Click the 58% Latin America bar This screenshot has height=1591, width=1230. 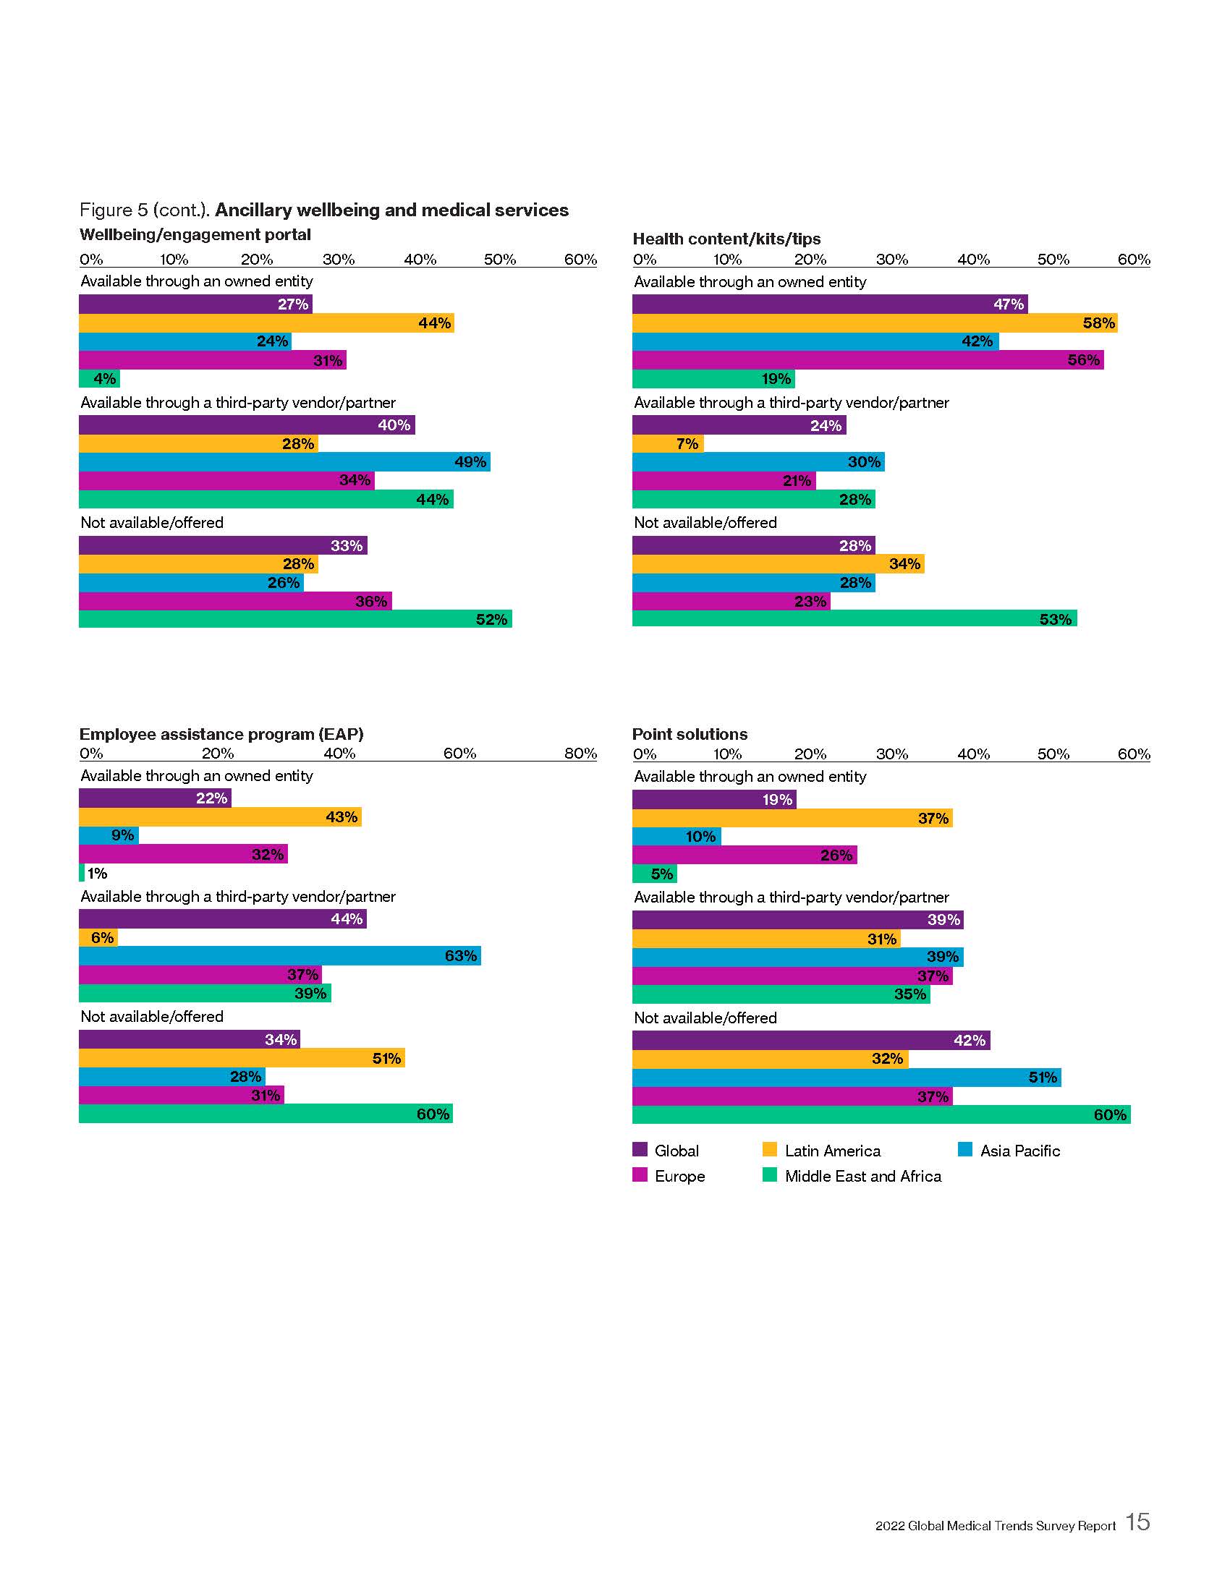click(x=875, y=323)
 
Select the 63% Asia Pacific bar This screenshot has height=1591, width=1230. click(x=280, y=955)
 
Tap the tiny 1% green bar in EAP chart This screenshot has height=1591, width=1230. click(x=82, y=872)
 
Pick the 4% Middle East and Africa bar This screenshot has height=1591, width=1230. click(x=99, y=378)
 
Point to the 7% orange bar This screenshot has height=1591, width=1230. click(x=668, y=443)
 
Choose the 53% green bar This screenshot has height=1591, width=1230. click(x=854, y=618)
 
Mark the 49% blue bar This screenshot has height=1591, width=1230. click(x=284, y=461)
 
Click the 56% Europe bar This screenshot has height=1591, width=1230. click(x=867, y=359)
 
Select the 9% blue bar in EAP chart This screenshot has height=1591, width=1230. click(x=109, y=835)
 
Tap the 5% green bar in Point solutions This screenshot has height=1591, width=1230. click(x=654, y=873)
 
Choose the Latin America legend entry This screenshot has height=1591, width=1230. click(x=822, y=1151)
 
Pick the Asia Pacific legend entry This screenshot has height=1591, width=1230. click(x=1009, y=1151)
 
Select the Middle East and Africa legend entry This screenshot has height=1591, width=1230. click(x=852, y=1176)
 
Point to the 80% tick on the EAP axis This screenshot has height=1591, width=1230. click(x=580, y=754)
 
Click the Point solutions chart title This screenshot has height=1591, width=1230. click(x=690, y=733)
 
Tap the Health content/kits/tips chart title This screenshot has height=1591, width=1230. click(x=726, y=238)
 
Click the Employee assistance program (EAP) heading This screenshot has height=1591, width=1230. click(x=221, y=733)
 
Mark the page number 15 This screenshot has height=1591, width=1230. click(x=1137, y=1521)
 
